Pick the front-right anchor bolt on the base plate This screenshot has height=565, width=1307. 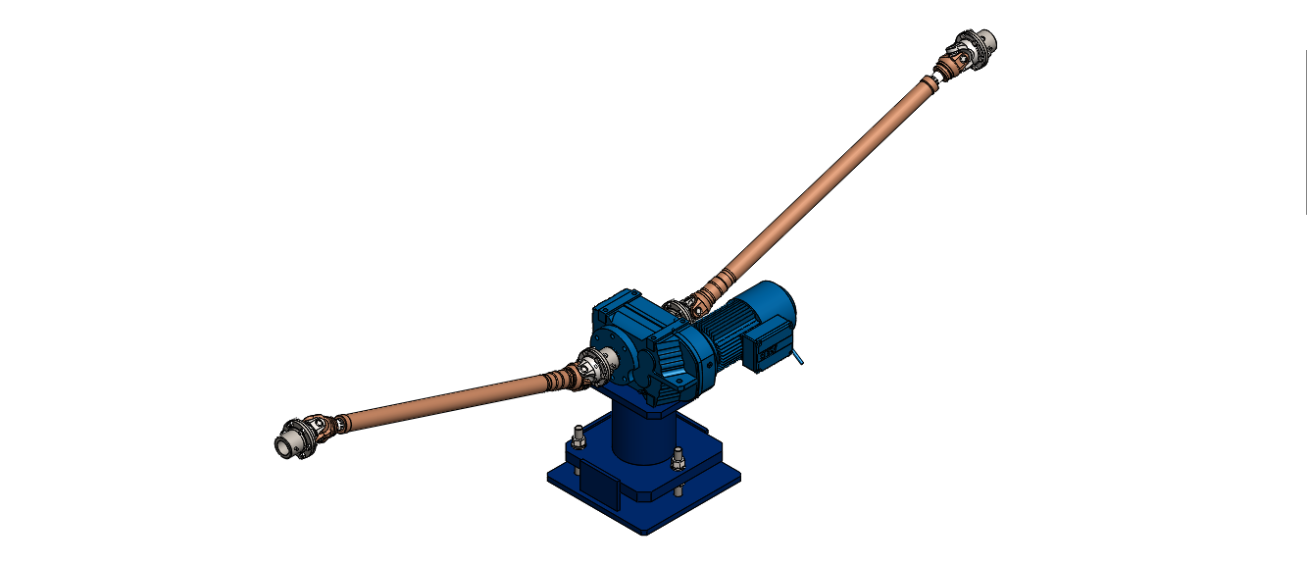tap(678, 458)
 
